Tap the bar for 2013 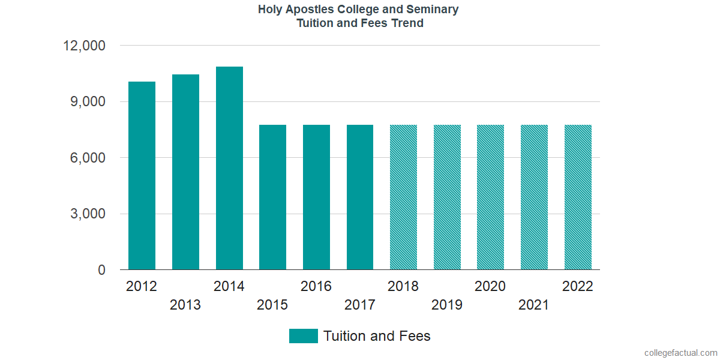(x=185, y=172)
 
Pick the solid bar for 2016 (x=316, y=197)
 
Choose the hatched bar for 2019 (x=447, y=197)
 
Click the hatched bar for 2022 (x=578, y=197)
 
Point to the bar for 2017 (x=360, y=197)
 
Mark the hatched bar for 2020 (x=491, y=197)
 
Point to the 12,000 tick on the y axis (x=84, y=46)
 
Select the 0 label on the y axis (x=101, y=271)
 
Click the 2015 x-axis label (x=272, y=305)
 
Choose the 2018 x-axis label (x=403, y=286)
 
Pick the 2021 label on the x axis (x=534, y=305)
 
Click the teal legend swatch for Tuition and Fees (x=303, y=336)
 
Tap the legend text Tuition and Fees (x=377, y=336)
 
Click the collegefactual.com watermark (x=680, y=353)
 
